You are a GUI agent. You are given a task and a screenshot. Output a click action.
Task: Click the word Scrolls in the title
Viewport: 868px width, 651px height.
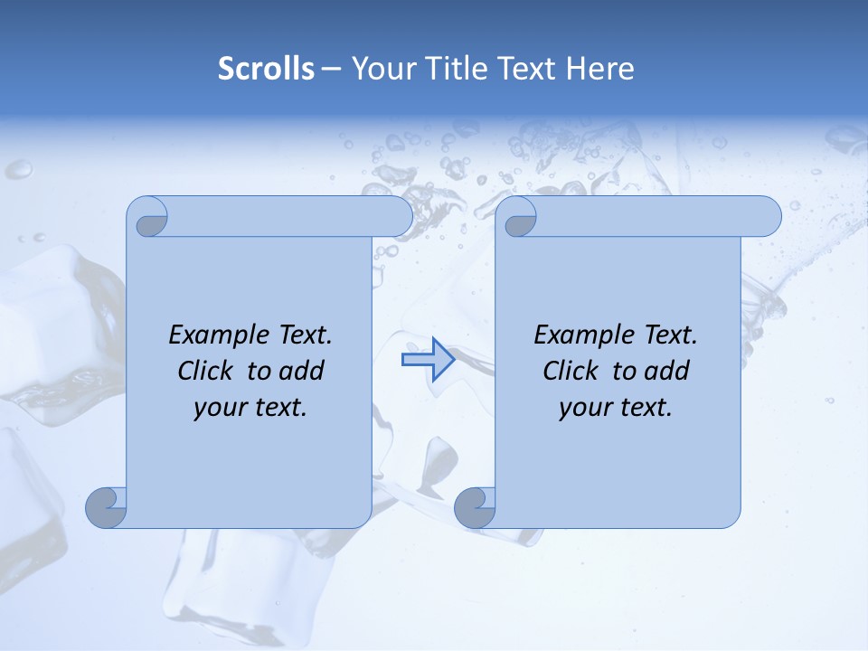(267, 69)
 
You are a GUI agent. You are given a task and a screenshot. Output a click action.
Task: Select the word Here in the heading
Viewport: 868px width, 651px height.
(599, 69)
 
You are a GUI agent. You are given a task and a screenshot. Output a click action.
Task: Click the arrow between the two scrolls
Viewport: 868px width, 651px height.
(428, 360)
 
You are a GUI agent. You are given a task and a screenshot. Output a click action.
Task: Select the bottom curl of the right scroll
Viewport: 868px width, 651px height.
(475, 508)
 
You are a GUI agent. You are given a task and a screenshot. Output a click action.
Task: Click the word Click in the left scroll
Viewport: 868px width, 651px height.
(204, 371)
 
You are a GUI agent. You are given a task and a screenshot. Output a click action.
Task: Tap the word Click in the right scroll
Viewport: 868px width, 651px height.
(570, 371)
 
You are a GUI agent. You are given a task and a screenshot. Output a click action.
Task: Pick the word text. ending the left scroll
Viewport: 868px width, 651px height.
(279, 408)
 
